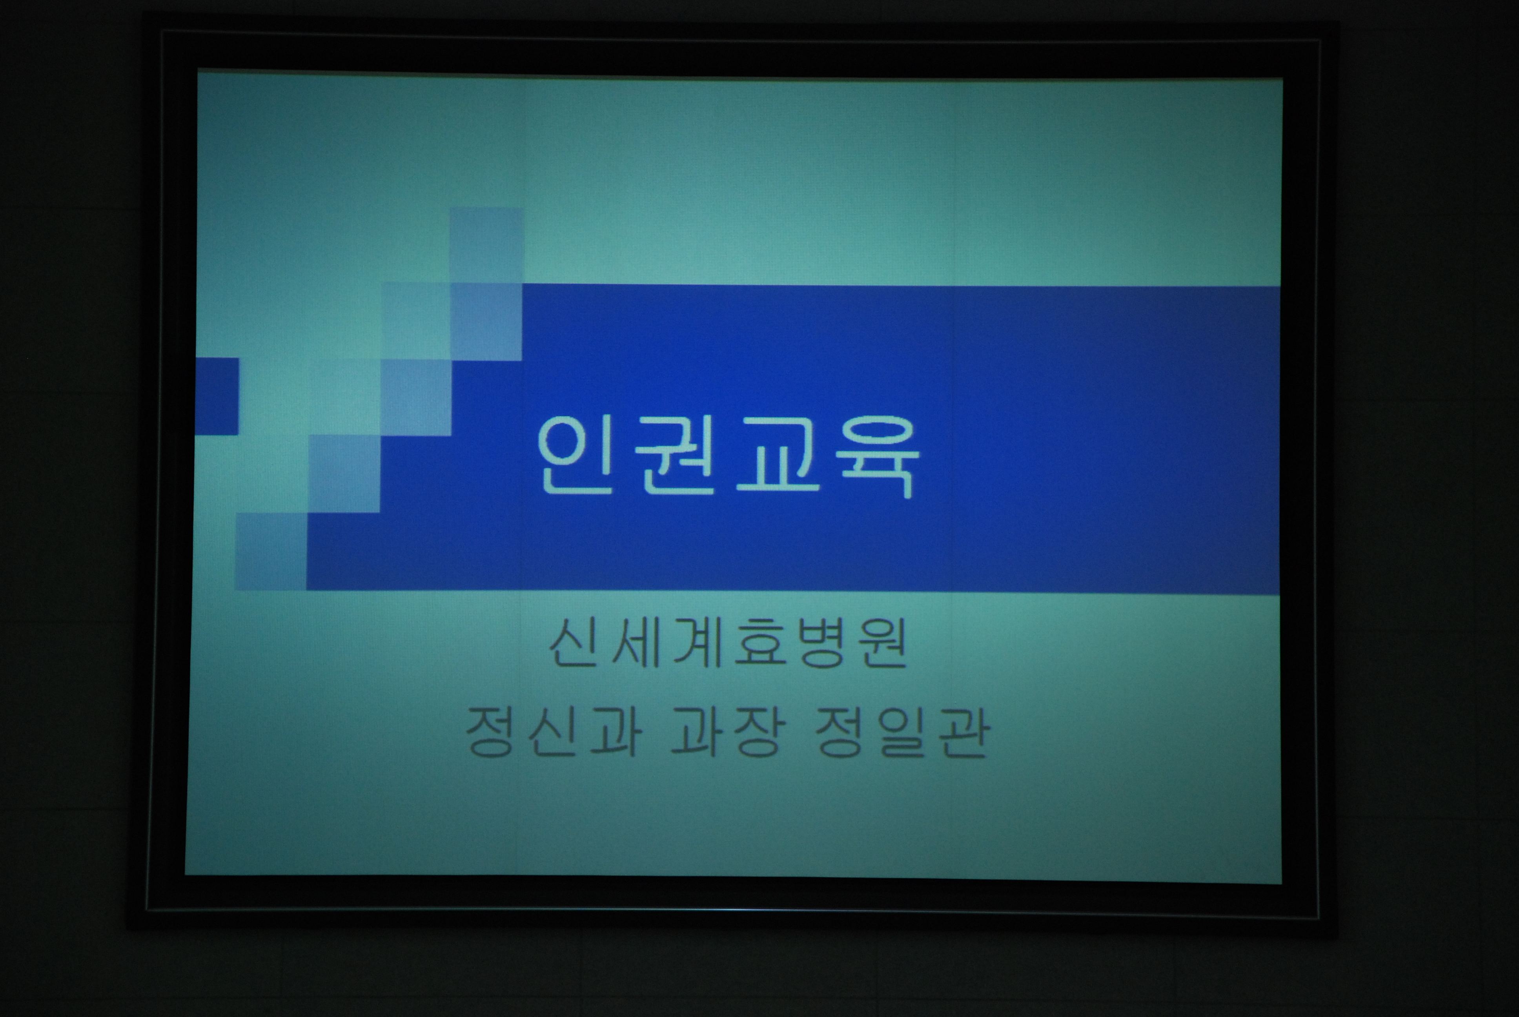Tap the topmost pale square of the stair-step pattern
pos(486,245)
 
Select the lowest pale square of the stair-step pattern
pos(271,551)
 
